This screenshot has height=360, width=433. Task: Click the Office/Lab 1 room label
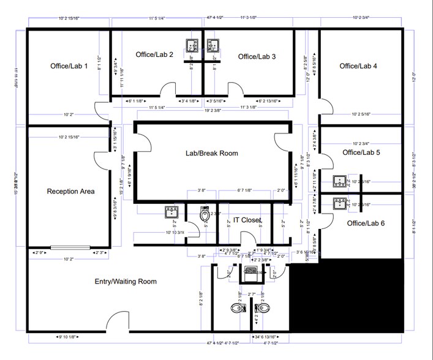point(69,66)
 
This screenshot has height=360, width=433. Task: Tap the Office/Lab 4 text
point(358,66)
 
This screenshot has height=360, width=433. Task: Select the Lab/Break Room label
point(212,153)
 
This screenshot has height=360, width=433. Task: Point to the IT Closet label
point(247,220)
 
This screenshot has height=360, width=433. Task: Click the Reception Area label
point(70,192)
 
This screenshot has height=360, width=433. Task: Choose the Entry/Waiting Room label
point(125,282)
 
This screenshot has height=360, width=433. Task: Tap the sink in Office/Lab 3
point(214,45)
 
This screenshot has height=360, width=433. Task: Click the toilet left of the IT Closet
point(205,216)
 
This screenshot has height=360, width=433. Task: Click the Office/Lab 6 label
point(366,223)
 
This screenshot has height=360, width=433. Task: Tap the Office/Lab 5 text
point(361,152)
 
